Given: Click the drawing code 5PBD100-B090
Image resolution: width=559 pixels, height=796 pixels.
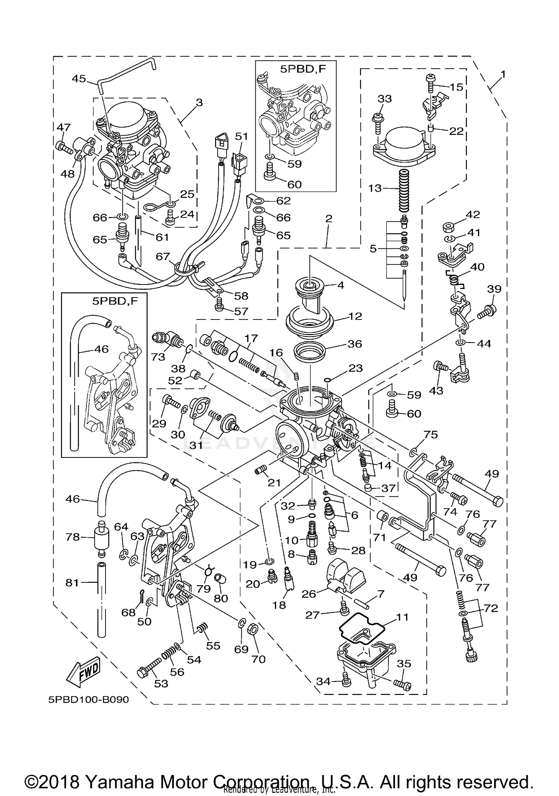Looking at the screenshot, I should click(x=88, y=699).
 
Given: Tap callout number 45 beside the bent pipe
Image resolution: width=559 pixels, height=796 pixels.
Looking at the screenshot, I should click(x=79, y=78).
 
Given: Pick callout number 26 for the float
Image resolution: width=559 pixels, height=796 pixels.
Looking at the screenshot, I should click(x=309, y=594).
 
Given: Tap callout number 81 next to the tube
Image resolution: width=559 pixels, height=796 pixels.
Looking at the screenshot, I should click(x=72, y=582).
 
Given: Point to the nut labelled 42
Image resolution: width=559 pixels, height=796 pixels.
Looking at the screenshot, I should click(x=448, y=227).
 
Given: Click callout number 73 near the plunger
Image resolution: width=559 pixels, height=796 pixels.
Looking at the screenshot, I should click(x=158, y=357).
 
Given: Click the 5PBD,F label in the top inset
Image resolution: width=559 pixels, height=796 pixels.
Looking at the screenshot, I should click(x=303, y=69).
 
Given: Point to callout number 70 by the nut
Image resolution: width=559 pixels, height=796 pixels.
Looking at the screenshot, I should click(x=258, y=659).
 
